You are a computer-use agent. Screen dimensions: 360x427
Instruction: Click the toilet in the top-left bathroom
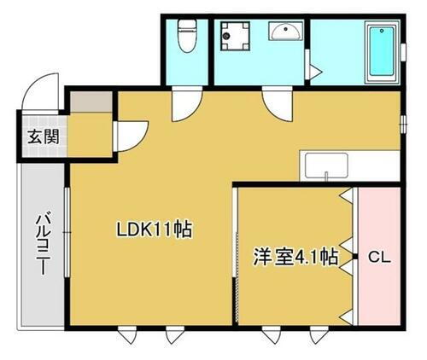click(x=184, y=37)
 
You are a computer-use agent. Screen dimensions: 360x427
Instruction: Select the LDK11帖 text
click(x=154, y=229)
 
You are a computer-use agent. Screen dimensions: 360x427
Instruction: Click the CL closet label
click(x=378, y=256)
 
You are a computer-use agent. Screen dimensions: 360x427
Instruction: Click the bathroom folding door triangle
click(x=313, y=69)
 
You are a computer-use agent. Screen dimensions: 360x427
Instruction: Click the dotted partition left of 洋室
click(x=236, y=256)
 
